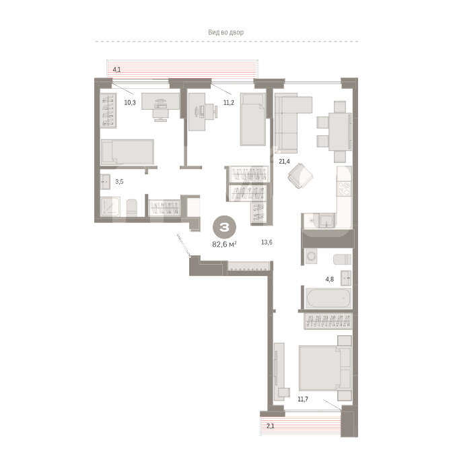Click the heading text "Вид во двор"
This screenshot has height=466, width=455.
225,32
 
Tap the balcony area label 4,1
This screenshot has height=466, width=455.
116,70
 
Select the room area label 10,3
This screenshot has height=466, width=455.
130,103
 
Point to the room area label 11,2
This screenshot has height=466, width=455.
229,103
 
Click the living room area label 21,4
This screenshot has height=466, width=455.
284,162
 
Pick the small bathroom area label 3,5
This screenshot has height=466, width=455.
119,182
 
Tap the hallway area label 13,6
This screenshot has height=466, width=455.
267,242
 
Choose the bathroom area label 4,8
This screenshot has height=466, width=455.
330,279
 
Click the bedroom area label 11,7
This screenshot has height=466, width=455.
303,399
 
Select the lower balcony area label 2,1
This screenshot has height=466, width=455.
271,426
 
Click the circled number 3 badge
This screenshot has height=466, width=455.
224,228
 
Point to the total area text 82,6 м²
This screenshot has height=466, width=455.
224,244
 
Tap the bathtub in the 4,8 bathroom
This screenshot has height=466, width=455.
328,298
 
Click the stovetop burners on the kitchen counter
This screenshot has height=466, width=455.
345,189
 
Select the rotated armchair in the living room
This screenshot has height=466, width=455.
300,176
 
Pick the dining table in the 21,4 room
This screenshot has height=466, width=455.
340,132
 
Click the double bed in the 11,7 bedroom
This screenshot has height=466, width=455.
325,368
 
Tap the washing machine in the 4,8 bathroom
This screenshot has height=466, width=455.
312,256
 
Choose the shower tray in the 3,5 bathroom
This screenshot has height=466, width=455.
110,206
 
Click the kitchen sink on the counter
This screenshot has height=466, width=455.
327,220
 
